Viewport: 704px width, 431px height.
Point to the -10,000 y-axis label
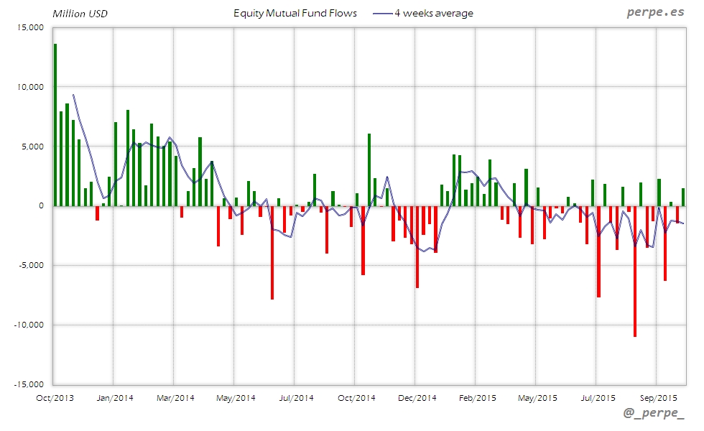28,325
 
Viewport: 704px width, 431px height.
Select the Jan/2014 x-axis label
114,397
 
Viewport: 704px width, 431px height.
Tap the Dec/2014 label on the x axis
417,397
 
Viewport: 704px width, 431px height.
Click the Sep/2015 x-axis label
657,397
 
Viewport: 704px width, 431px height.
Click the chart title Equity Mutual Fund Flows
295,13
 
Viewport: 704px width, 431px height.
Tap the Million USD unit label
80,14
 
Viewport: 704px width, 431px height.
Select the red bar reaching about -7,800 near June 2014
272,252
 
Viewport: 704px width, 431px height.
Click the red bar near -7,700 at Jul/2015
598,251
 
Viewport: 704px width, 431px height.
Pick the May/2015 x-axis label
537,397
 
